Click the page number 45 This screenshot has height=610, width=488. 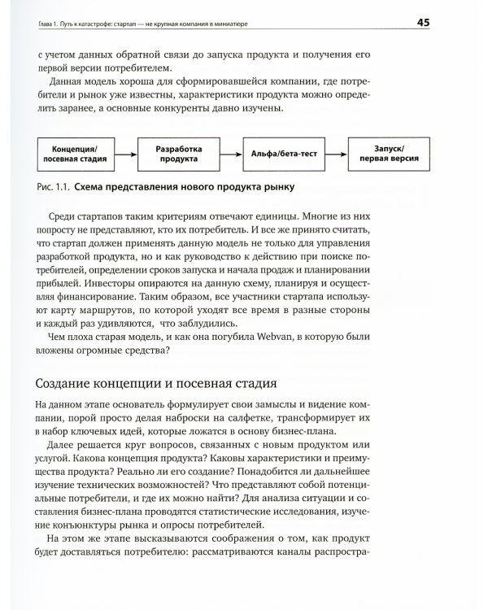click(x=446, y=22)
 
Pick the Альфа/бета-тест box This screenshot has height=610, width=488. click(x=280, y=155)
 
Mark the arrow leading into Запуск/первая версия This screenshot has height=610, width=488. click(x=333, y=155)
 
